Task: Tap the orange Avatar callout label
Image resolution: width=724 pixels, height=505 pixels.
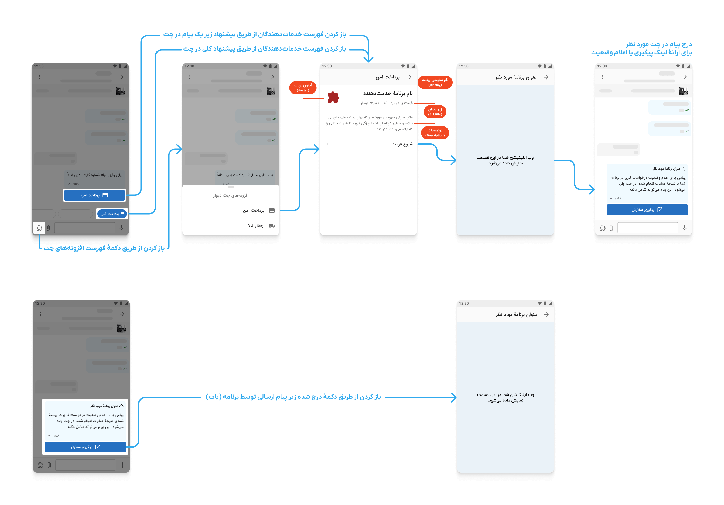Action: click(x=303, y=88)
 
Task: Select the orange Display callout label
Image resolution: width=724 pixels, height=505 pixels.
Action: click(x=435, y=82)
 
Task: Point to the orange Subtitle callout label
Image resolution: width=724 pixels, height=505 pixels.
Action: click(x=435, y=112)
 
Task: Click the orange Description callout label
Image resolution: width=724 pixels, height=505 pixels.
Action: click(x=435, y=133)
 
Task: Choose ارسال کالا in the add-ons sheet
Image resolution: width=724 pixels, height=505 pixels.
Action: click(x=256, y=225)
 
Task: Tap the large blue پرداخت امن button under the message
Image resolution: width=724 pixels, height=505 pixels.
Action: click(x=94, y=195)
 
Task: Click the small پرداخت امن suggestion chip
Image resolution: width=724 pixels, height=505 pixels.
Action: click(x=112, y=214)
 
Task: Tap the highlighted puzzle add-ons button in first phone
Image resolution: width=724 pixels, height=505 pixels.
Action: click(x=39, y=228)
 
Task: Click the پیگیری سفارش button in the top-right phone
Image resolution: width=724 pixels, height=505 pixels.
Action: click(x=647, y=209)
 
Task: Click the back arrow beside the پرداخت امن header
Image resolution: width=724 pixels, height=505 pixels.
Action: click(x=409, y=77)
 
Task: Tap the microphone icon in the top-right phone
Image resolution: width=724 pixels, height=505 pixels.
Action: click(x=684, y=228)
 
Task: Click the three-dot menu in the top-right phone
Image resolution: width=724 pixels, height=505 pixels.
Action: click(x=602, y=77)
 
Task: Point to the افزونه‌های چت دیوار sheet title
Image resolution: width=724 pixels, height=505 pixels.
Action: click(x=231, y=195)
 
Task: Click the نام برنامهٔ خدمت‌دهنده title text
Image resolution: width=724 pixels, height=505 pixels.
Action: click(x=388, y=93)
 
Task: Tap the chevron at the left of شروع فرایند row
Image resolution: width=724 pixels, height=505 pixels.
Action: click(x=327, y=144)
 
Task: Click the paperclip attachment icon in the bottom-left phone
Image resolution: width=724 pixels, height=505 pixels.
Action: click(x=49, y=465)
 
